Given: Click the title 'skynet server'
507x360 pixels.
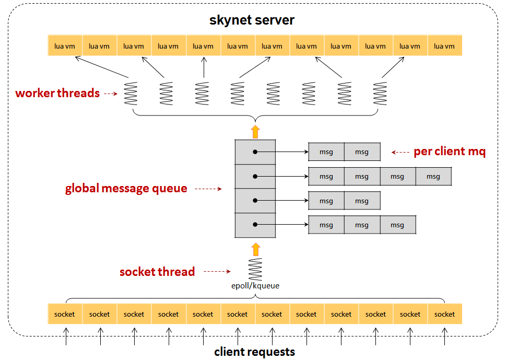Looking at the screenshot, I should pyautogui.click(x=252, y=20).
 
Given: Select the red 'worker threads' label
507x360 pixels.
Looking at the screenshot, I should pyautogui.click(x=57, y=94).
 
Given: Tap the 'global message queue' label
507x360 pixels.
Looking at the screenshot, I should pyautogui.click(x=126, y=189).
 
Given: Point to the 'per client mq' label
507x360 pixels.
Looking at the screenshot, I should pyautogui.click(x=450, y=152).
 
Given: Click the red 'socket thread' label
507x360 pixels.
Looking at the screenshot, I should pyautogui.click(x=157, y=272).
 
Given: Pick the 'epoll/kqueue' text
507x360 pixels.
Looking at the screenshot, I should pyautogui.click(x=255, y=286).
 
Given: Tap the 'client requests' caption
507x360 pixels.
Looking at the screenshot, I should pyautogui.click(x=254, y=352).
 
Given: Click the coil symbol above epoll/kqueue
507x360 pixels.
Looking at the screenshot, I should pyautogui.click(x=255, y=269).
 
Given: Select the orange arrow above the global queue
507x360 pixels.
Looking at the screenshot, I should pyautogui.click(x=255, y=131).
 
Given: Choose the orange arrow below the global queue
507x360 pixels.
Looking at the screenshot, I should pyautogui.click(x=255, y=248).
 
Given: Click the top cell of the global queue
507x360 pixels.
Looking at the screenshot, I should pyautogui.click(x=255, y=152).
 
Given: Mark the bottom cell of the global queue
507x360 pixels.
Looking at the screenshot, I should pyautogui.click(x=255, y=225).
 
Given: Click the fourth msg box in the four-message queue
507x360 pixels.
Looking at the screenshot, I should pyautogui.click(x=433, y=177).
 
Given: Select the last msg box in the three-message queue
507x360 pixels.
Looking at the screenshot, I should pyautogui.click(x=397, y=225).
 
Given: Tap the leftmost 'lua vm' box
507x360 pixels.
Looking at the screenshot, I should pyautogui.click(x=65, y=46).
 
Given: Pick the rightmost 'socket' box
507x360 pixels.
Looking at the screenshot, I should pyautogui.click(x=444, y=314).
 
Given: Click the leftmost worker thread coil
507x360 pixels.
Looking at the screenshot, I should pyautogui.click(x=130, y=94).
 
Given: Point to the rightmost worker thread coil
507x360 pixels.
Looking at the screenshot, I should pyautogui.click(x=380, y=94).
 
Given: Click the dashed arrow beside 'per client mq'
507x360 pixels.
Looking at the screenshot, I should pyautogui.click(x=400, y=153).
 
